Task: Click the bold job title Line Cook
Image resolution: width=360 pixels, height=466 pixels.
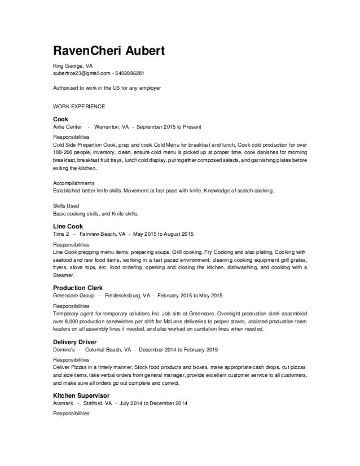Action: (x=67, y=226)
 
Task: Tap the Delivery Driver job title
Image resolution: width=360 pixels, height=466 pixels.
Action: (x=74, y=341)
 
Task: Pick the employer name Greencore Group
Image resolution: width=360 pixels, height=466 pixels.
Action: (x=73, y=295)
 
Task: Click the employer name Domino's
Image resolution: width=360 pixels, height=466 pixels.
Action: (x=63, y=349)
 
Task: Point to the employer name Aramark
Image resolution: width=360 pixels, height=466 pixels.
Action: (x=64, y=403)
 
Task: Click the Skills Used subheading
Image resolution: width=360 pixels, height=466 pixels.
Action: (x=66, y=206)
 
